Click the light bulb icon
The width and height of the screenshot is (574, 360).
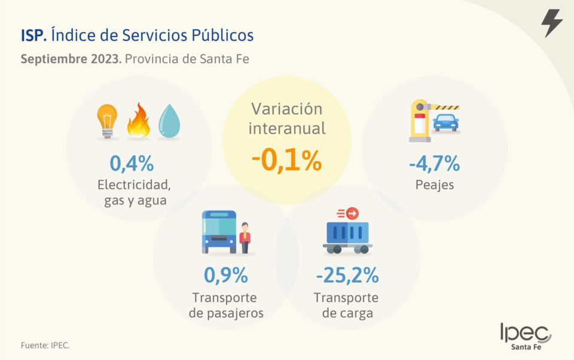108,121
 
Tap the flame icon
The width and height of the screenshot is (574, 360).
139,121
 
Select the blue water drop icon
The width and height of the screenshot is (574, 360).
169,121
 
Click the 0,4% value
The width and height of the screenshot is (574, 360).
132,163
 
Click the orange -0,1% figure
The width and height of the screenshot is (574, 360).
286,161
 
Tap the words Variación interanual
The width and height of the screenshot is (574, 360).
286,118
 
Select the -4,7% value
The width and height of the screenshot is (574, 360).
434,163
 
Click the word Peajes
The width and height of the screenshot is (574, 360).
435,185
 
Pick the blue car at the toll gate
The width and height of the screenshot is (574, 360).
445,122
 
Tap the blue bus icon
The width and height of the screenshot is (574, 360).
219,232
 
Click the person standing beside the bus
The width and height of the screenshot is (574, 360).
245,238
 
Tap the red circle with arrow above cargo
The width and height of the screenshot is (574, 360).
352,213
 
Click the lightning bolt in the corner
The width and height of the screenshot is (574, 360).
551,23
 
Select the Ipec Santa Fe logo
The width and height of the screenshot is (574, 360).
526,337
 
